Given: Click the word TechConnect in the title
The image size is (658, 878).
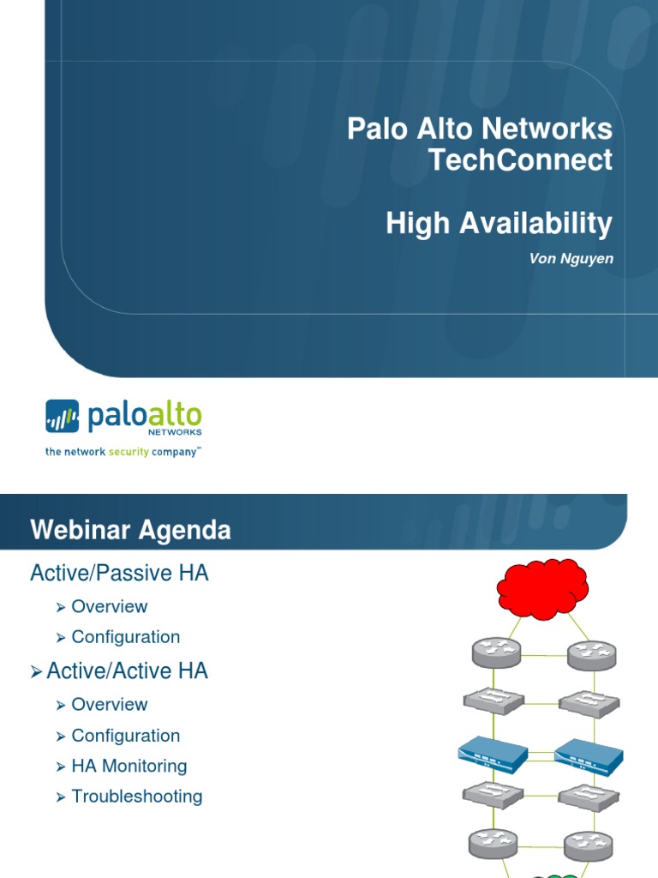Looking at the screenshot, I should pos(521,160).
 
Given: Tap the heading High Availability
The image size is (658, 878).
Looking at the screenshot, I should pos(499,224).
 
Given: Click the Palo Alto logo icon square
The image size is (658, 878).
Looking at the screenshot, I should pos(62,417).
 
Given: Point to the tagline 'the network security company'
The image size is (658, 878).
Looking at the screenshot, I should pos(123,451).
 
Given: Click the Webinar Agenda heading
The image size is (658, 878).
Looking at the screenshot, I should pos(130,530).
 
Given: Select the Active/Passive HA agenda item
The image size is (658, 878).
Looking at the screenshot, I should pos(119,573).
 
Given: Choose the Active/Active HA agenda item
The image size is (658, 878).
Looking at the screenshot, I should pos(127,671).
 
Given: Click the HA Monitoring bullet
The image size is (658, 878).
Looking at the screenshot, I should pos(129,766).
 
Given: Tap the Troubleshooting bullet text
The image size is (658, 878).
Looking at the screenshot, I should pos(137,797).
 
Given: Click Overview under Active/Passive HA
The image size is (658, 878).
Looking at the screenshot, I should pos(109,606).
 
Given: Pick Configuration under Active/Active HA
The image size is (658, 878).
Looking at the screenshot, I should pos(125,736).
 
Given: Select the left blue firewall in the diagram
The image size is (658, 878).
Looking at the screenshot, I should pos(493,755).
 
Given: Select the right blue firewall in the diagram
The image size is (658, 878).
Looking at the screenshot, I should pos(588,755).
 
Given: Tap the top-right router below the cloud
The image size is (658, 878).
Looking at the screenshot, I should pos(591,655).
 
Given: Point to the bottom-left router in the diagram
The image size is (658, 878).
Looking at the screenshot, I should pos(493,844).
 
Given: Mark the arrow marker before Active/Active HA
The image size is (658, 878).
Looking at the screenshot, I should pos(36,672).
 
